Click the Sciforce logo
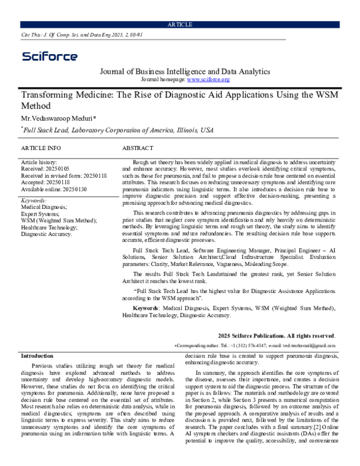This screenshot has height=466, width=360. click(50, 56)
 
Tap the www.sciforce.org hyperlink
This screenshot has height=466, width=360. click(208, 79)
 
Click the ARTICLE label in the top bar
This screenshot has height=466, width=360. click(180, 24)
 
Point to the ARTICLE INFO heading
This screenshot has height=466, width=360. click(41, 148)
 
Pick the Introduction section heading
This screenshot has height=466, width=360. click(37, 356)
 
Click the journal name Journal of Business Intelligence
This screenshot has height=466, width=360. click(184, 71)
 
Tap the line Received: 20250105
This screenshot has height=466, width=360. click(45, 169)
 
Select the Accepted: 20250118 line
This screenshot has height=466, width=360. click(45, 182)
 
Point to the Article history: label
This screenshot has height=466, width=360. click(39, 162)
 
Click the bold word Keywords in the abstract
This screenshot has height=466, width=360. click(145, 308)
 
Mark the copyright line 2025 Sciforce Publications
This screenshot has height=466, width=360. click(277, 334)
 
